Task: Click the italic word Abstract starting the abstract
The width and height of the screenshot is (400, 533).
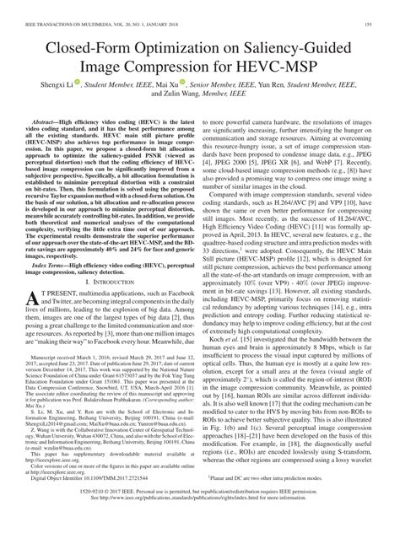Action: coord(51,147)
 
